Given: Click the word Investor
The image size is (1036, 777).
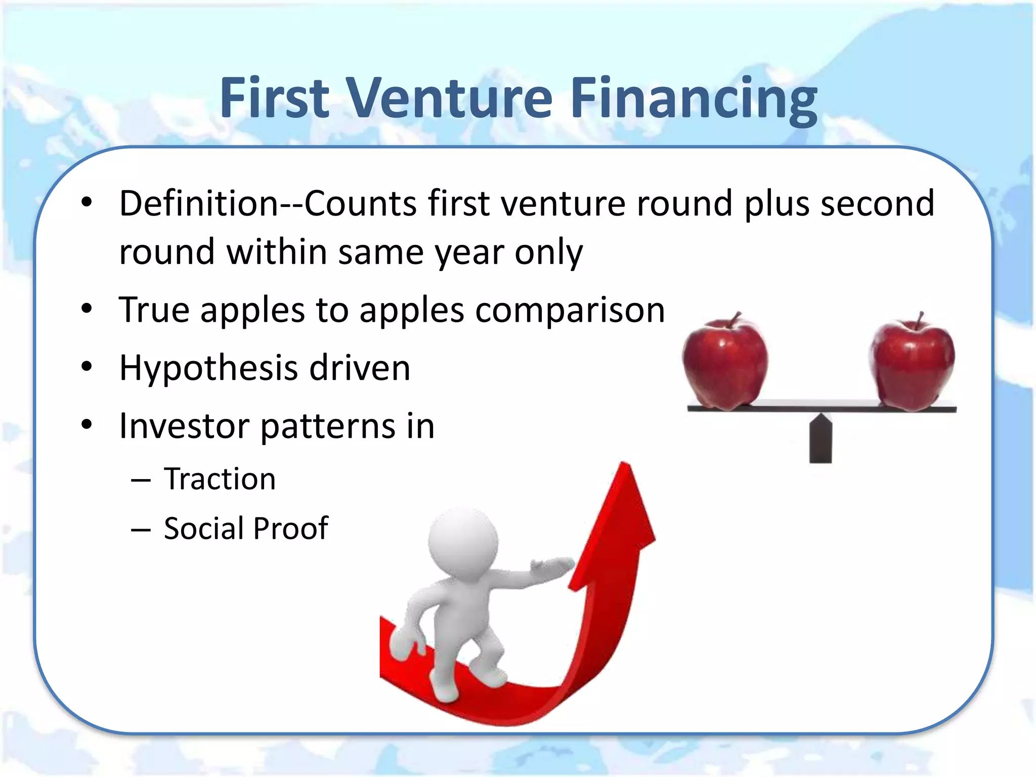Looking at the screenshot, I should [185, 426].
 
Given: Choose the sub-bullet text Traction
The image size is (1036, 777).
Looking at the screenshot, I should [220, 479].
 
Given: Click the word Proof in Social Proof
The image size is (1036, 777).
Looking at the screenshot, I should [290, 529].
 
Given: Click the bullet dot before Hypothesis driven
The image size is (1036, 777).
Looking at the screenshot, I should [87, 367].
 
